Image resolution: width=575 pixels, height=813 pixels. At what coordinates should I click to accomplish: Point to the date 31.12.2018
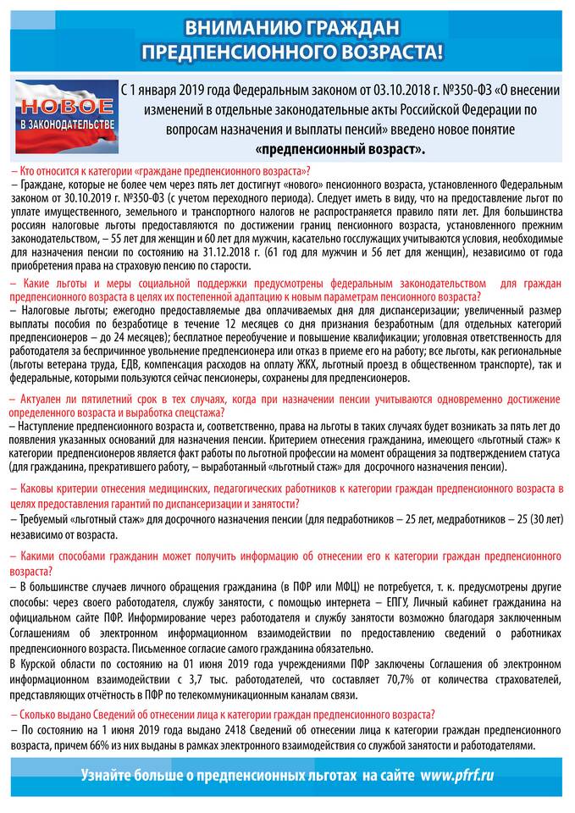pyautogui.click(x=228, y=252)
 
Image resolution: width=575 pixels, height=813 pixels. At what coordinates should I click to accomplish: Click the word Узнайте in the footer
pyautogui.click(x=110, y=775)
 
